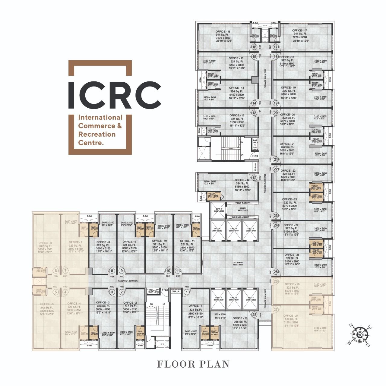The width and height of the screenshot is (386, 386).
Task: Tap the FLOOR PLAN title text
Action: pos(193,364)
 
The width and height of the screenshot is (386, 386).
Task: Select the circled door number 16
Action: pos(255,47)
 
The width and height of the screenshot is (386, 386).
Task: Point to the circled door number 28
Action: pos(255,315)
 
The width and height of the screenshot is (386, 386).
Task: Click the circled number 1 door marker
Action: pos(187,292)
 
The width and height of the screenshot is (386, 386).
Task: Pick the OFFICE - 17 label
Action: pos(299,30)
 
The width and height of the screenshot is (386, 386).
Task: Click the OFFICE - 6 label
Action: pos(46,243)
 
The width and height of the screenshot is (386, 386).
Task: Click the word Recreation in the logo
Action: pos(97,134)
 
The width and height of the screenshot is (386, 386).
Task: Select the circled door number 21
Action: pos(276,160)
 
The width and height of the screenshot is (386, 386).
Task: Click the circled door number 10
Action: pos(168,271)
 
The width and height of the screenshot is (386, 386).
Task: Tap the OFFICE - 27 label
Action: pos(291,316)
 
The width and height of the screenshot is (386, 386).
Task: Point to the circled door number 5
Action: pos(56,292)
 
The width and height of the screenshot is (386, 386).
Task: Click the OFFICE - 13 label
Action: pos(237,115)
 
